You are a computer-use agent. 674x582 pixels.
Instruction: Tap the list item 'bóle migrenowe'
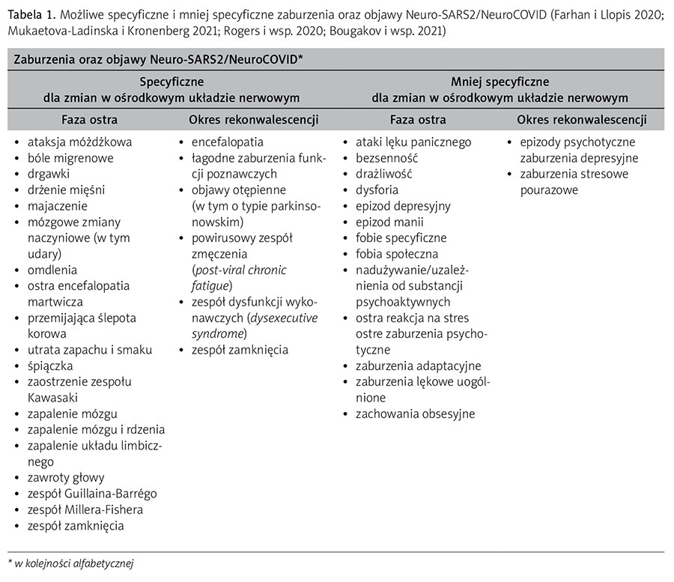70,157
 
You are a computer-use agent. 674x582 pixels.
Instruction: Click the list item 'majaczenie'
58,206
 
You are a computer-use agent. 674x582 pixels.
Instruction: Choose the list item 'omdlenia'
52,270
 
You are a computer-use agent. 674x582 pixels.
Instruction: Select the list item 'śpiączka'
52,366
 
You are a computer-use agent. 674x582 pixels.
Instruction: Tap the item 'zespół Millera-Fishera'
85,510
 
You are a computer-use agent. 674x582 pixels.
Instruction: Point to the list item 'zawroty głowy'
66,478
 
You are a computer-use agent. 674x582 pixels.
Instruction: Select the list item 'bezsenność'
387,158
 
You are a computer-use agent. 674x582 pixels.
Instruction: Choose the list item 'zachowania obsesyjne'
416,413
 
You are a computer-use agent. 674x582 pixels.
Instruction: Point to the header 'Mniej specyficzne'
500,82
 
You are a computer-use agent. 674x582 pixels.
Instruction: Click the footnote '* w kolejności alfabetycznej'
70,562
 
